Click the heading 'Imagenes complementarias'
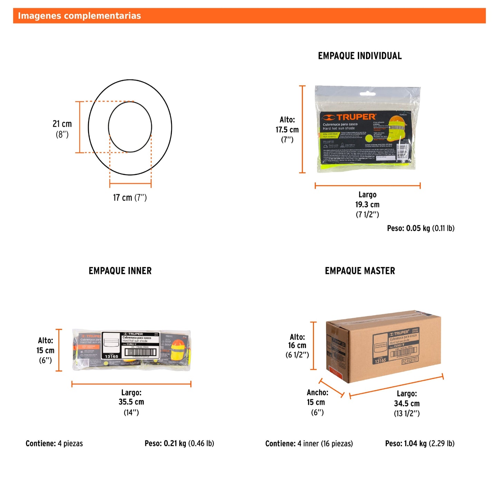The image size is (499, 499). (x=79, y=16)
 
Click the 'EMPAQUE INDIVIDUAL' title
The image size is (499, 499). (x=360, y=56)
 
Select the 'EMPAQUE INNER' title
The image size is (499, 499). (x=120, y=271)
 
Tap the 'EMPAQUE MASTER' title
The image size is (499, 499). (x=360, y=271)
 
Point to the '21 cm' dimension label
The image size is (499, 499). (x=62, y=124)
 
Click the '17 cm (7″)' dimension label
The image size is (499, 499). (x=130, y=198)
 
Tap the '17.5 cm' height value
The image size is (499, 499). (x=287, y=130)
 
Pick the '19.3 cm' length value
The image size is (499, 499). (x=367, y=204)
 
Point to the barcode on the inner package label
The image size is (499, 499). (x=141, y=352)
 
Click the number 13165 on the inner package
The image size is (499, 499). (x=112, y=356)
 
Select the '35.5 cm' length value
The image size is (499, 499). (x=131, y=402)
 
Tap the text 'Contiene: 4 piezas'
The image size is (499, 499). (x=54, y=443)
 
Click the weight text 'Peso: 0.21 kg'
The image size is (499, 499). (x=179, y=443)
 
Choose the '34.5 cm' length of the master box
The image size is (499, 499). (x=407, y=403)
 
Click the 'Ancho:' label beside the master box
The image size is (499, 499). (x=317, y=392)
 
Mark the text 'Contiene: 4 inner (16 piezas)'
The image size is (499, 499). (x=309, y=443)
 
